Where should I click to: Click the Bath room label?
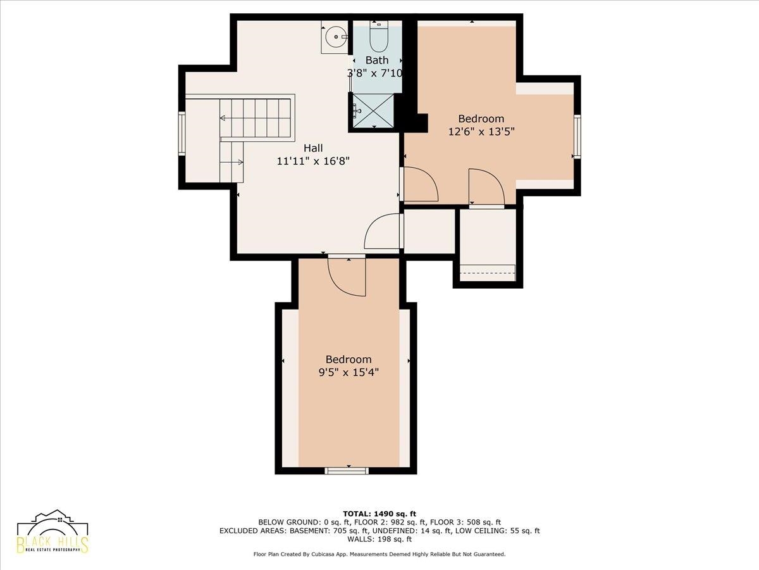(x=376, y=60)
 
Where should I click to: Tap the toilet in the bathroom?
(x=379, y=36)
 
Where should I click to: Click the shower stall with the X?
(x=373, y=110)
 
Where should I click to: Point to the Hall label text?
(x=313, y=148)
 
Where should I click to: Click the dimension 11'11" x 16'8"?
(x=313, y=161)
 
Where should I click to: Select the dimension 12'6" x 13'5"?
(x=481, y=132)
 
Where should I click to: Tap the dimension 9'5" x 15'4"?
(x=349, y=372)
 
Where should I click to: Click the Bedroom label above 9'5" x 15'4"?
(x=349, y=359)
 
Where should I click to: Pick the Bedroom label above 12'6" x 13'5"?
(x=481, y=118)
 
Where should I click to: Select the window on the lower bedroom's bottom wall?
(x=347, y=471)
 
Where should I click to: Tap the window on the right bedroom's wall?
(x=577, y=136)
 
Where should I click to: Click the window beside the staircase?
(x=182, y=134)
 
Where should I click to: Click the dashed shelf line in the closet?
(x=488, y=273)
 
